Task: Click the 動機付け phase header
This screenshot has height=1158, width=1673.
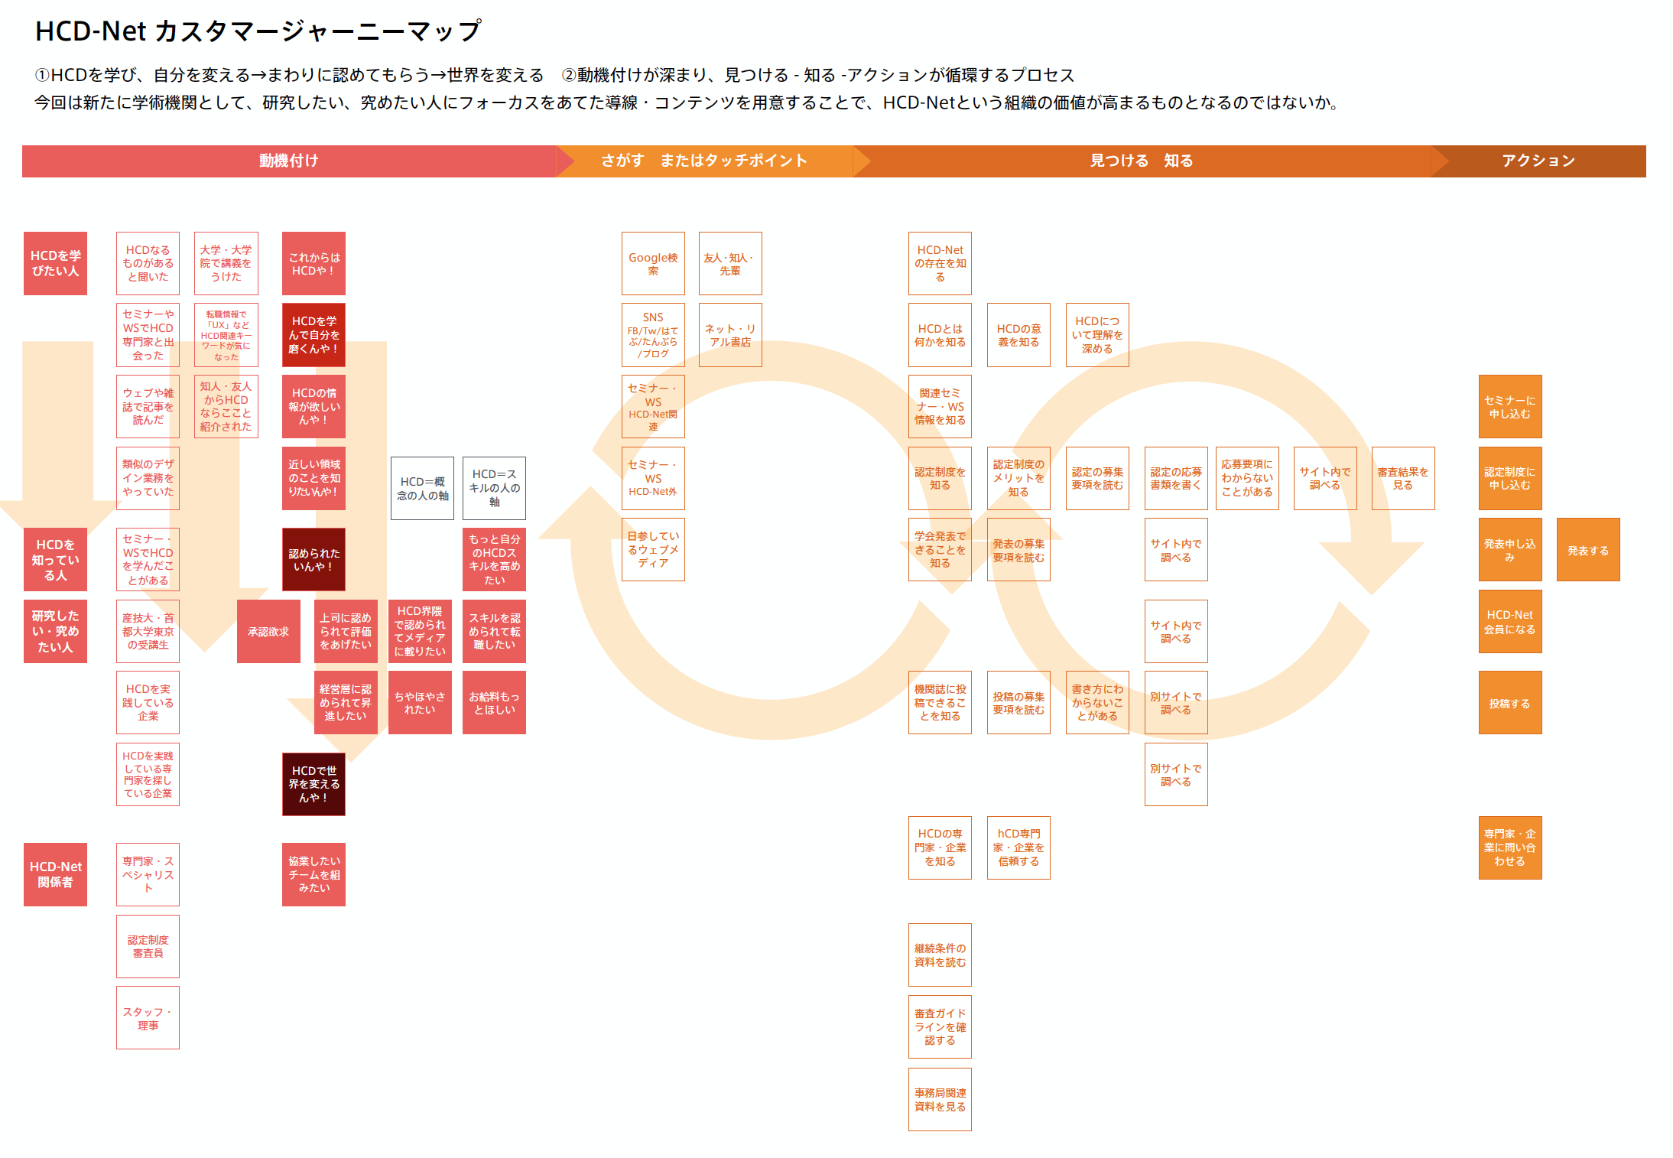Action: point(289,161)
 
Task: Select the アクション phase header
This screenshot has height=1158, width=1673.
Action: point(1538,161)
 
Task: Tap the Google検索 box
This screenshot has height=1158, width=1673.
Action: point(653,264)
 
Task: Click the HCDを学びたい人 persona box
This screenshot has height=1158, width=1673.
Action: point(55,264)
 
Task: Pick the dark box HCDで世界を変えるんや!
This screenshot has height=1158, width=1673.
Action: point(313,784)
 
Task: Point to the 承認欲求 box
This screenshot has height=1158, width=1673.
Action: point(268,632)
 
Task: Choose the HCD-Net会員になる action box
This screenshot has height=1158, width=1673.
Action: point(1509,622)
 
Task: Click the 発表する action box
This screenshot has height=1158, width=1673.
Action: point(1587,550)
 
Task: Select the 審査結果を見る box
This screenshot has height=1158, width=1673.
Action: point(1402,479)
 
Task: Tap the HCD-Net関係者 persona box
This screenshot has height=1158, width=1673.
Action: point(55,874)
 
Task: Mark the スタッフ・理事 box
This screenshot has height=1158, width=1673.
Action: point(148,1018)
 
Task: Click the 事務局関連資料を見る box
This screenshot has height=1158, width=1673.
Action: point(940,1100)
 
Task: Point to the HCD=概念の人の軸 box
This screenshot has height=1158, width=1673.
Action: point(422,489)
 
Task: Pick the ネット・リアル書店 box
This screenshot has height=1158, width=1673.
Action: point(729,335)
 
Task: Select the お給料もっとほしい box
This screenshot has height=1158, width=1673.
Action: point(494,703)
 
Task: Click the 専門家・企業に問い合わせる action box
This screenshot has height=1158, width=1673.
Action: point(1509,847)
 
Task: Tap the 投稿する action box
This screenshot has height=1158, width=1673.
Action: point(1509,703)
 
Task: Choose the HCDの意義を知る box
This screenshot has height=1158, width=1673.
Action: point(1018,335)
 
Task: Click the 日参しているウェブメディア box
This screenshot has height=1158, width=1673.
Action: point(653,550)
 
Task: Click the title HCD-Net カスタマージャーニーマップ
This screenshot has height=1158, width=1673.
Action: point(258,31)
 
